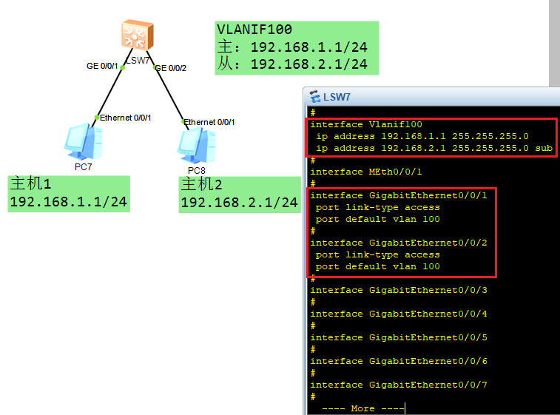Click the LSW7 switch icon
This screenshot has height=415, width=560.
[x=138, y=34]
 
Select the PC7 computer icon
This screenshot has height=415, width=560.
[x=84, y=141]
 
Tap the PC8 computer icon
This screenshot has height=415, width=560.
[x=197, y=145]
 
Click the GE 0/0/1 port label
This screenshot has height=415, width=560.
[x=102, y=66]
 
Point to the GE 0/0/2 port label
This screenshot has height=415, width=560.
[x=171, y=68]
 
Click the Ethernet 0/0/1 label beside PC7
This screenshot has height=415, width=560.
[x=125, y=118]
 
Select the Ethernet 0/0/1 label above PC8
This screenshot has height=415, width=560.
[x=209, y=122]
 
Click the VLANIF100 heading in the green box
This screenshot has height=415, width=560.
[x=254, y=30]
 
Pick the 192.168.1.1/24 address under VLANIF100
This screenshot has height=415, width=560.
[x=309, y=47]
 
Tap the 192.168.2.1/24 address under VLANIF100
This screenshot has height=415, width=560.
[x=309, y=64]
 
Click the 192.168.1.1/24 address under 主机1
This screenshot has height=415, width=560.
[x=68, y=202]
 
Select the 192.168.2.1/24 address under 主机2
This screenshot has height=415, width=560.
[x=239, y=203]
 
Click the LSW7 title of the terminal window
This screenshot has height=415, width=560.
[x=337, y=97]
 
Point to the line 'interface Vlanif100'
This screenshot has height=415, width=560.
[x=366, y=124]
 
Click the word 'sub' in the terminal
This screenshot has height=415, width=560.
[x=544, y=148]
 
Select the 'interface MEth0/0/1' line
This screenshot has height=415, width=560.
[x=366, y=172]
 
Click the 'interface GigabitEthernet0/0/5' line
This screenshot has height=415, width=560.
[x=399, y=337]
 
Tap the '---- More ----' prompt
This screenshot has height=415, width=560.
[x=363, y=408]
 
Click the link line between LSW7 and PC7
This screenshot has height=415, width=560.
[x=109, y=92]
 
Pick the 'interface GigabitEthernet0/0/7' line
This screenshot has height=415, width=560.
[x=399, y=385]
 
